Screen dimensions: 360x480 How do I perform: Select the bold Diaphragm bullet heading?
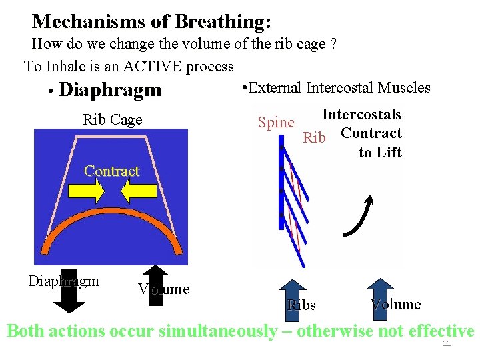[x=110, y=89]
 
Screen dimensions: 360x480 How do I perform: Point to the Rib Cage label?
[x=113, y=120]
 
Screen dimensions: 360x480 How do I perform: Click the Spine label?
[x=276, y=123]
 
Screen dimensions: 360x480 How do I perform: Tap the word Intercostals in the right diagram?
[x=361, y=115]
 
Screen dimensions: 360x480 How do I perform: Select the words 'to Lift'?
[x=380, y=153]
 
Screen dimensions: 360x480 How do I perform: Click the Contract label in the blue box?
[x=111, y=171]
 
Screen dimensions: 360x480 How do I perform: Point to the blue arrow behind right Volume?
[x=382, y=293]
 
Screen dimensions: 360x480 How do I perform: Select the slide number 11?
[x=447, y=344]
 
